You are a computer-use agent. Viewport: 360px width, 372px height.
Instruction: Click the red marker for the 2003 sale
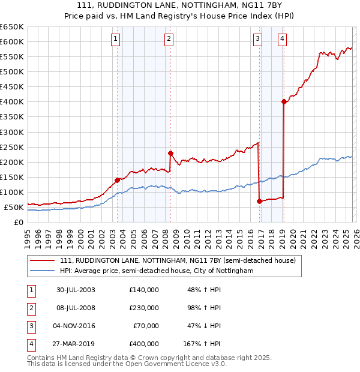[x=117, y=179]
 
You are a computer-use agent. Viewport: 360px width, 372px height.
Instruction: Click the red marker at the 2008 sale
[x=170, y=152]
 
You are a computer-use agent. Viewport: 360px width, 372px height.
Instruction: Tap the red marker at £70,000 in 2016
[x=259, y=201]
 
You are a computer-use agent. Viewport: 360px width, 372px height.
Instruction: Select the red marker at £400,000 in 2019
[x=284, y=101]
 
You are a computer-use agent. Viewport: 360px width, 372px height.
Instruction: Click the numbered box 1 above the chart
[x=115, y=40]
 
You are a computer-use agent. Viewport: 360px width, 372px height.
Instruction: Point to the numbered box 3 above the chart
[x=257, y=40]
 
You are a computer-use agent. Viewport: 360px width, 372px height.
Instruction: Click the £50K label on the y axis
[x=14, y=207]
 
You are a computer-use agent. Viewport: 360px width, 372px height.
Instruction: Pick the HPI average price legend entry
[x=157, y=271]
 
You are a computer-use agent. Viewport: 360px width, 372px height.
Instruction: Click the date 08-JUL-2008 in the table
[x=76, y=308]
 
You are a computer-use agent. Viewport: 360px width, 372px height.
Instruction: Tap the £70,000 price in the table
[x=147, y=326]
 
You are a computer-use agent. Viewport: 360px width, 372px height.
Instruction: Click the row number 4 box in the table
[x=31, y=344]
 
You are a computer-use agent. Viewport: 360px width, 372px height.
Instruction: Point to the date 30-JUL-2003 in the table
[x=76, y=290]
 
